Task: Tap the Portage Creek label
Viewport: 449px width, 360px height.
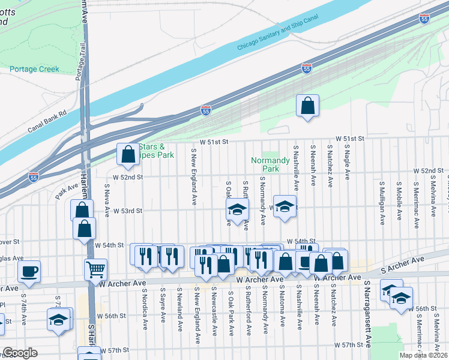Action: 34,69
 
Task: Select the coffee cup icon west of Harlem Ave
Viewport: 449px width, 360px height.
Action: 29,271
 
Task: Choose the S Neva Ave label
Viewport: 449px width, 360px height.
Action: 106,202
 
